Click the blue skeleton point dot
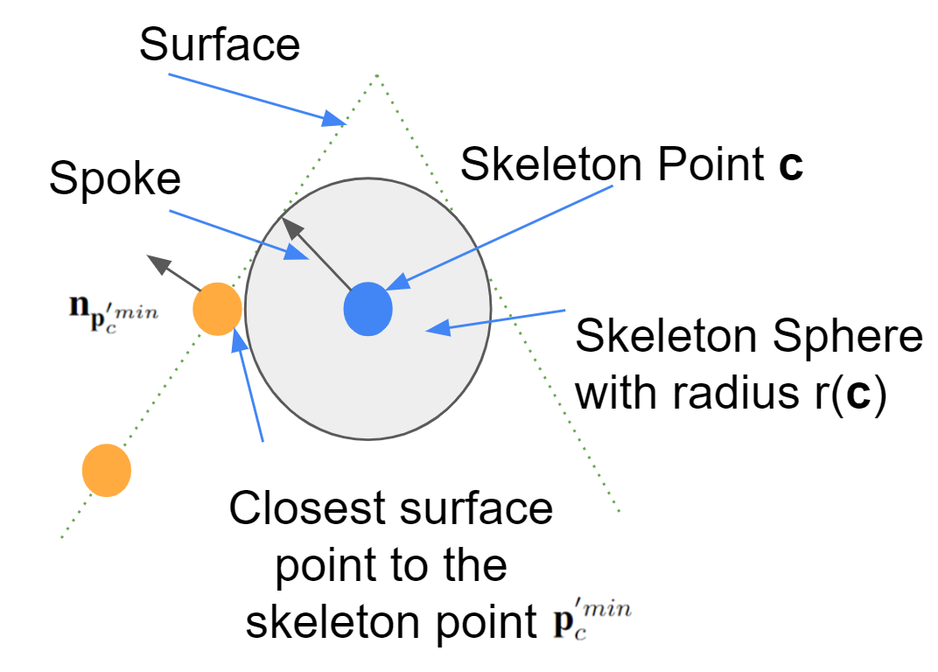click(367, 309)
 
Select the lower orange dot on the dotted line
click(107, 470)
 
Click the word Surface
click(220, 45)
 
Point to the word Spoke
click(115, 179)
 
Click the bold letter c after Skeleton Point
click(791, 165)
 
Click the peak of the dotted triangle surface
click(376, 76)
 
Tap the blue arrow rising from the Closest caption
click(249, 385)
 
